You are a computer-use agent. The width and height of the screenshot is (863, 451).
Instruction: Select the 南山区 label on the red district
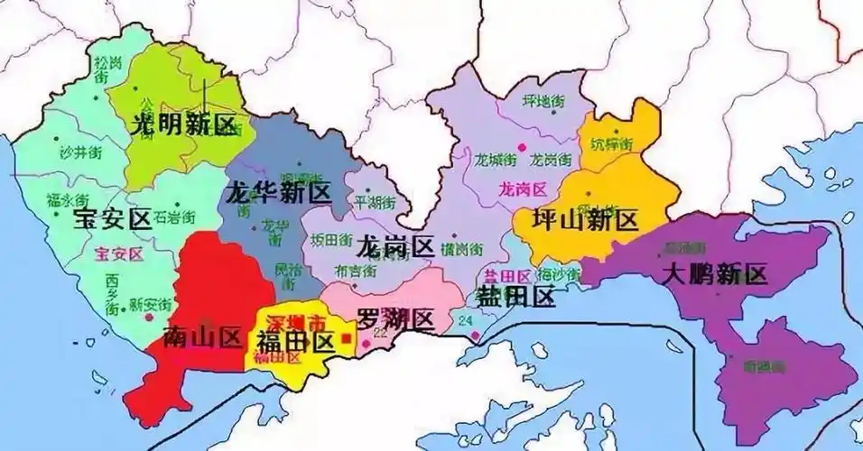coord(204,338)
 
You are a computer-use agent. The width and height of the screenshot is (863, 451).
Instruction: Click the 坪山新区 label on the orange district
coord(586,220)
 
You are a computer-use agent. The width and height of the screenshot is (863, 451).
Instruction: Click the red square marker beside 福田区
coord(346,339)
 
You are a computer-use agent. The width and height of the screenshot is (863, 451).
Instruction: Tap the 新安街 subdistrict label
coord(149,304)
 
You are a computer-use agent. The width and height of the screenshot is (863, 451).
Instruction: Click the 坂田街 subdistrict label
coord(329,240)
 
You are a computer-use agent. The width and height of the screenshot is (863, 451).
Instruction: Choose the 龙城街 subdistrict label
coord(496,160)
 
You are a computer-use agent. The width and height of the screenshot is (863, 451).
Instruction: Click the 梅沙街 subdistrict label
coord(557,273)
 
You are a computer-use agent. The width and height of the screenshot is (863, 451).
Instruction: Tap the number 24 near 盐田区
coord(466,321)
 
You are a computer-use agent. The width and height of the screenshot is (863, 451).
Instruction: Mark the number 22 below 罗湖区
coord(379,333)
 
